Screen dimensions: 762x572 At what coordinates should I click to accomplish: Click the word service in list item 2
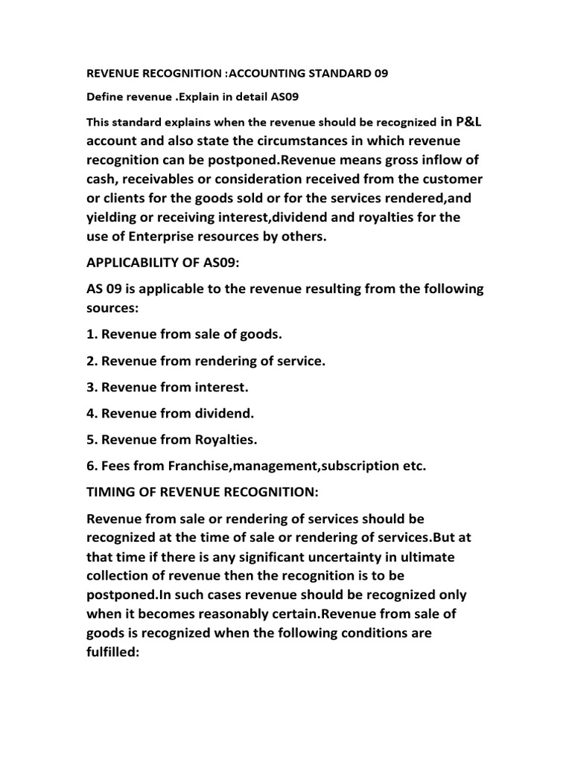293,361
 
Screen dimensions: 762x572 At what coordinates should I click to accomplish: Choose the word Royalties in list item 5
222,440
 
